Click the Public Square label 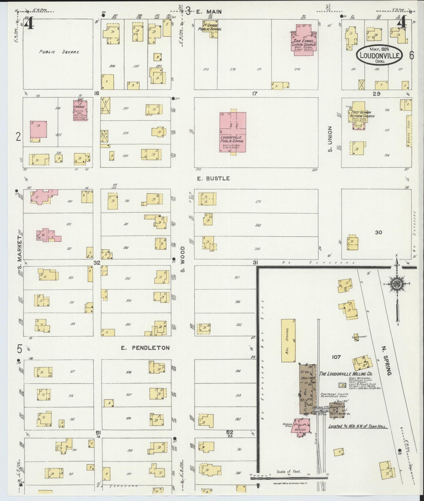(60, 52)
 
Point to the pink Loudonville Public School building (233, 132)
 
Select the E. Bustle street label (213, 178)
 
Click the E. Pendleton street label (145, 348)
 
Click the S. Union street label (330, 139)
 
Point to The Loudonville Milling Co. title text (346, 374)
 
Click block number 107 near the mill (336, 357)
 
